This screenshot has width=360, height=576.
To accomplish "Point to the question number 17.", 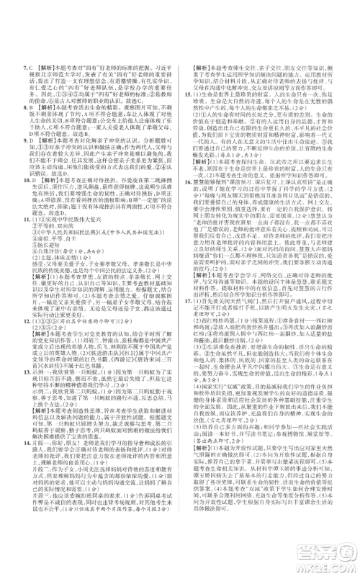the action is pyautogui.click(x=186, y=344).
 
